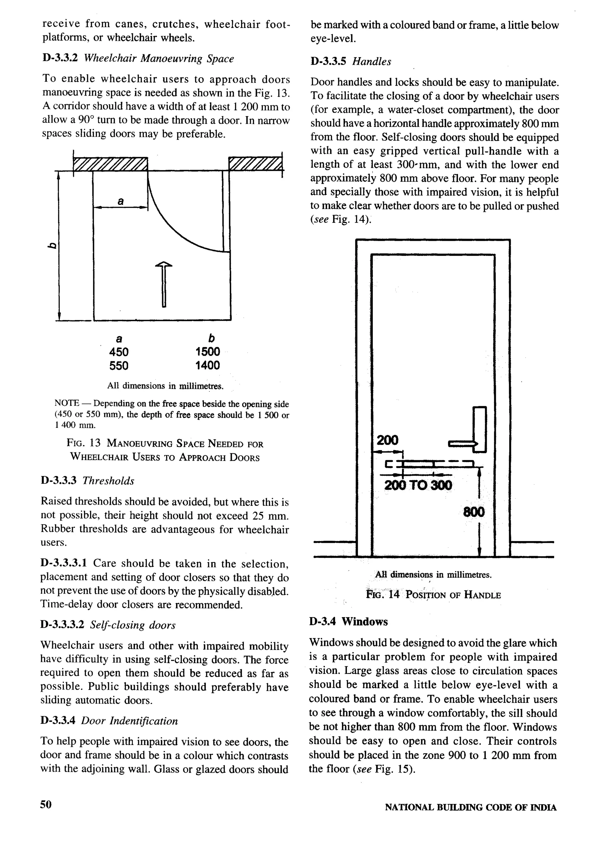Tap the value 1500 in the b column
click(x=208, y=352)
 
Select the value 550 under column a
click(x=119, y=366)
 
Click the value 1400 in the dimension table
click(x=208, y=365)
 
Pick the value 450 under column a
click(x=119, y=352)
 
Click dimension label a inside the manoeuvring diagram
click(x=121, y=201)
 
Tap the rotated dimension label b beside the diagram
click(x=52, y=245)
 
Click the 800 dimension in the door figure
click(x=474, y=512)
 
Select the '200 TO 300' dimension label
click(x=418, y=485)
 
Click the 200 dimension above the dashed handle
click(x=387, y=440)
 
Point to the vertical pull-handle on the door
click(x=480, y=429)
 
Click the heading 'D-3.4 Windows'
click(x=348, y=621)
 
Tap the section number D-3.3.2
click(x=60, y=58)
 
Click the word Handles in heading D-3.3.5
click(x=371, y=62)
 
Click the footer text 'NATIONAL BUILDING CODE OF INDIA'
click(x=470, y=807)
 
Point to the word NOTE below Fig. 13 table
click(x=67, y=403)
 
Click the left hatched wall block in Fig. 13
click(x=110, y=163)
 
